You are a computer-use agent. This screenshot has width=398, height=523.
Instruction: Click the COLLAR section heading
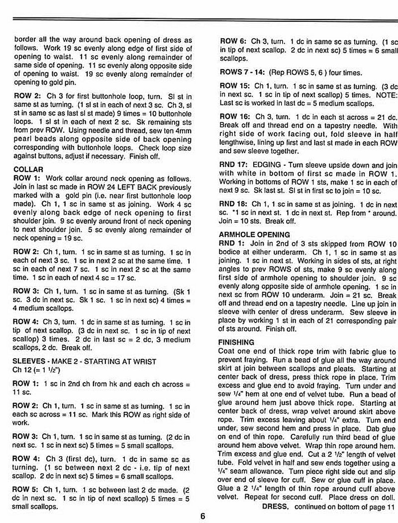point(28,169)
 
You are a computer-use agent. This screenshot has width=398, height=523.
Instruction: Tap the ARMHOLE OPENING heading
point(254,235)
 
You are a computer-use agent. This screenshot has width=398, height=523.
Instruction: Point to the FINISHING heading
point(237,342)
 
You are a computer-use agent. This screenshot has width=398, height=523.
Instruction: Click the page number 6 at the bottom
point(203,516)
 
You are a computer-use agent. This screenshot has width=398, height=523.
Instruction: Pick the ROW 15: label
point(235,86)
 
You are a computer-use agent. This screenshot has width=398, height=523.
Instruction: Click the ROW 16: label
point(235,116)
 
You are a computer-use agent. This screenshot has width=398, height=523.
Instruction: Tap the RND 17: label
point(235,165)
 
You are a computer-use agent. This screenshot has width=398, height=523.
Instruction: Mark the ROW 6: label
point(233,41)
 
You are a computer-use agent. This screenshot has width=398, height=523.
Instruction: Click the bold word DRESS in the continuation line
point(275,507)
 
